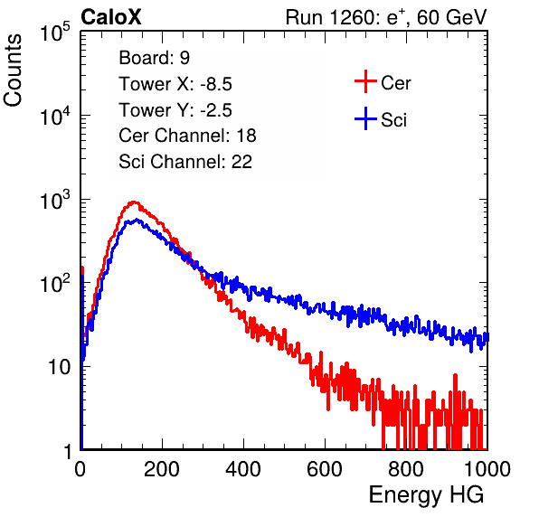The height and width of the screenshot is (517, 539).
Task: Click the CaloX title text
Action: [x=110, y=17]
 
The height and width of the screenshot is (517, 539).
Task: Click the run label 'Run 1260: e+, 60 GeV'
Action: [x=386, y=17]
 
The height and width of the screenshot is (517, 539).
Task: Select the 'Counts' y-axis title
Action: [x=13, y=70]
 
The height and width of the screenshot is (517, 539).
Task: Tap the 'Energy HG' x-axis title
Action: [x=426, y=495]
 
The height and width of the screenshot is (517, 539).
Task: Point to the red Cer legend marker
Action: [x=365, y=81]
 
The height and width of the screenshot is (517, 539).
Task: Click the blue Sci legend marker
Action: [x=365, y=118]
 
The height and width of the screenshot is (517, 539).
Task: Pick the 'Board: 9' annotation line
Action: [x=154, y=58]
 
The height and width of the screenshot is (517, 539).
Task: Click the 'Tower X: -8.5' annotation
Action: [x=175, y=84]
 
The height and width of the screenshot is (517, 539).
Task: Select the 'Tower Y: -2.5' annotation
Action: [x=175, y=110]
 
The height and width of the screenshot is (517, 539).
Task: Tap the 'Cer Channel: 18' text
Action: [x=187, y=136]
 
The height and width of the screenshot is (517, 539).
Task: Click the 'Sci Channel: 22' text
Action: [x=185, y=162]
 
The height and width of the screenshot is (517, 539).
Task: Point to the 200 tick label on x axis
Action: [x=162, y=469]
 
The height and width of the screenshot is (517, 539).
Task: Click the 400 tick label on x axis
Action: [x=243, y=469]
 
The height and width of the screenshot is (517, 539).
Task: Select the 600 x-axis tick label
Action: [x=325, y=469]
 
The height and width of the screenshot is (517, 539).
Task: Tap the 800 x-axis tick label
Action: [x=406, y=469]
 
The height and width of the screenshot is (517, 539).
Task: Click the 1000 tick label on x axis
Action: [x=487, y=469]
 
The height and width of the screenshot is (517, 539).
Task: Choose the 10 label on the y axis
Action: [x=59, y=367]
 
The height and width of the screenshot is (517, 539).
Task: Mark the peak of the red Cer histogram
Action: [x=133, y=202]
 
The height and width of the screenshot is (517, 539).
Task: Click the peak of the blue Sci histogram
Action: [x=137, y=220]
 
